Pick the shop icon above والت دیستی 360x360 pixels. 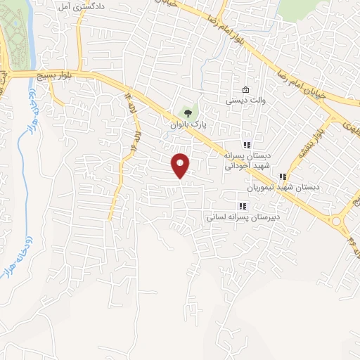click(x=245, y=90)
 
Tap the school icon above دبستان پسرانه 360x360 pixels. click(x=246, y=144)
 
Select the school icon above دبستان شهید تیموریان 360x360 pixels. click(x=283, y=176)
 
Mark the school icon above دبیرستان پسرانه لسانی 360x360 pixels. click(x=243, y=206)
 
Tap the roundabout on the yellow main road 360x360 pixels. click(x=336, y=222)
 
